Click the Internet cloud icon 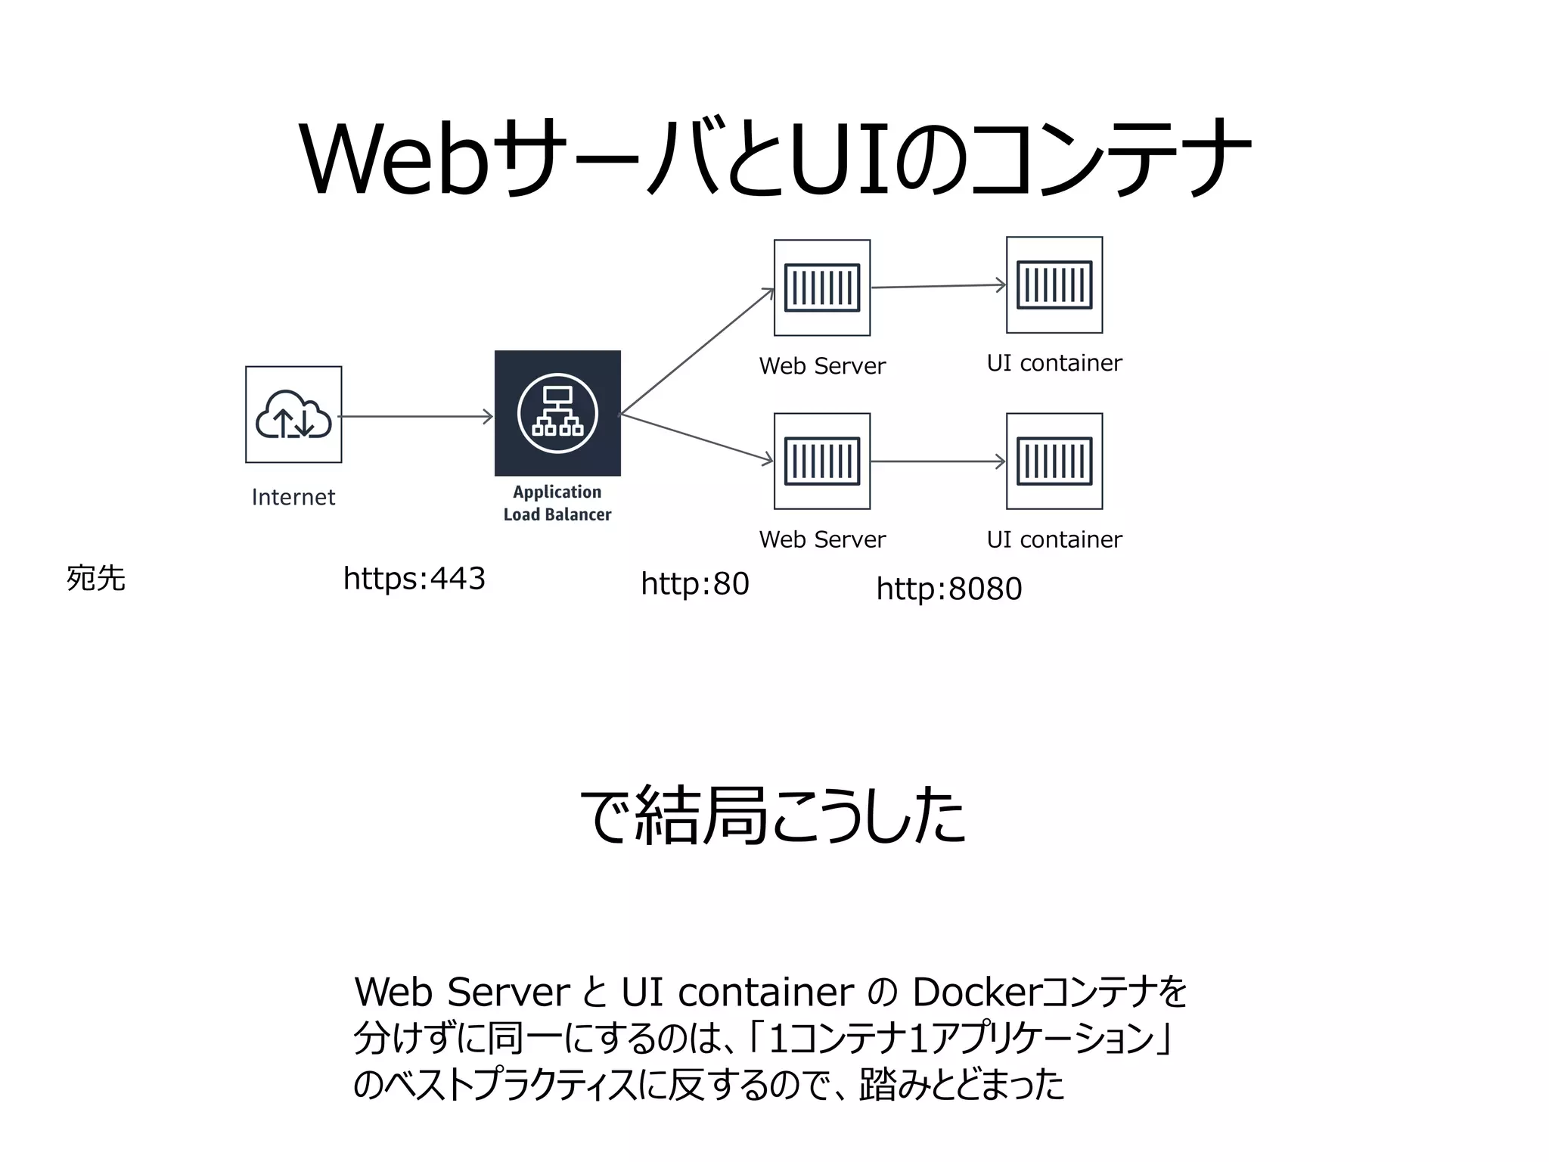pos(293,415)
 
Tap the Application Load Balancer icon pos(557,413)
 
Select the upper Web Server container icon pos(822,287)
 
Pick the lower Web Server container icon pos(822,461)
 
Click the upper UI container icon pos(1054,285)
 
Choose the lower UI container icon pos(1054,461)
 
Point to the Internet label pos(293,497)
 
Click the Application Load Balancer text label pos(557,503)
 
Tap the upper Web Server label pos(822,366)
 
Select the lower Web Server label pos(822,539)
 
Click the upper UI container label pos(1054,363)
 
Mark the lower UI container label pos(1054,539)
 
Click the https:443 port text pos(414,579)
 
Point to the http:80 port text pos(694,584)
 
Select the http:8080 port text pos(949,589)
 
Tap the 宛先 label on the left pos(96,579)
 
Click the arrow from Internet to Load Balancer pos(416,416)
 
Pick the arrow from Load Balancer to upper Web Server pos(696,352)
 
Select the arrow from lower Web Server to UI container pos(938,461)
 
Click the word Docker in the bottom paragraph pos(976,992)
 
